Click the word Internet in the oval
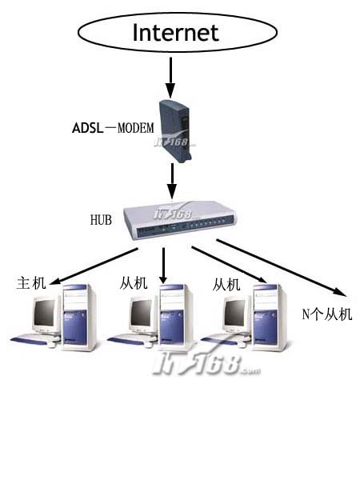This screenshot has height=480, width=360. pyautogui.click(x=176, y=33)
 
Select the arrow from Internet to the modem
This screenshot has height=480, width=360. pyautogui.click(x=170, y=78)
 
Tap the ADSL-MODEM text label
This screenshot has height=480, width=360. pyautogui.click(x=113, y=128)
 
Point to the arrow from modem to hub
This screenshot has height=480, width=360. pyautogui.click(x=172, y=182)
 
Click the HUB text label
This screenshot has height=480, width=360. pyautogui.click(x=101, y=220)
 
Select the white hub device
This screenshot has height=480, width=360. pyautogui.click(x=180, y=220)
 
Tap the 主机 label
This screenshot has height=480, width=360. pyautogui.click(x=31, y=282)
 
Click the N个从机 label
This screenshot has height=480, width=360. pyautogui.click(x=327, y=314)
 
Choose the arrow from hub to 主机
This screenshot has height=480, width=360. pyautogui.click(x=94, y=266)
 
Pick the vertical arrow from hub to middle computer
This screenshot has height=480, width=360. pyautogui.click(x=163, y=266)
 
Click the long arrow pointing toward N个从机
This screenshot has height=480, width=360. pyautogui.click(x=282, y=268)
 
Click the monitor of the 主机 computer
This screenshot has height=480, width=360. pyautogui.click(x=46, y=314)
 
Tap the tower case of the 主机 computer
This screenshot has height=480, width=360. pyautogui.click(x=78, y=317)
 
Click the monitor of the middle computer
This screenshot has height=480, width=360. pyautogui.click(x=142, y=314)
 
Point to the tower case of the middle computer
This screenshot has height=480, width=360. pyautogui.click(x=175, y=317)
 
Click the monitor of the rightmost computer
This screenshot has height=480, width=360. pyautogui.click(x=237, y=314)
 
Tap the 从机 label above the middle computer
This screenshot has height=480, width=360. pyautogui.click(x=134, y=283)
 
